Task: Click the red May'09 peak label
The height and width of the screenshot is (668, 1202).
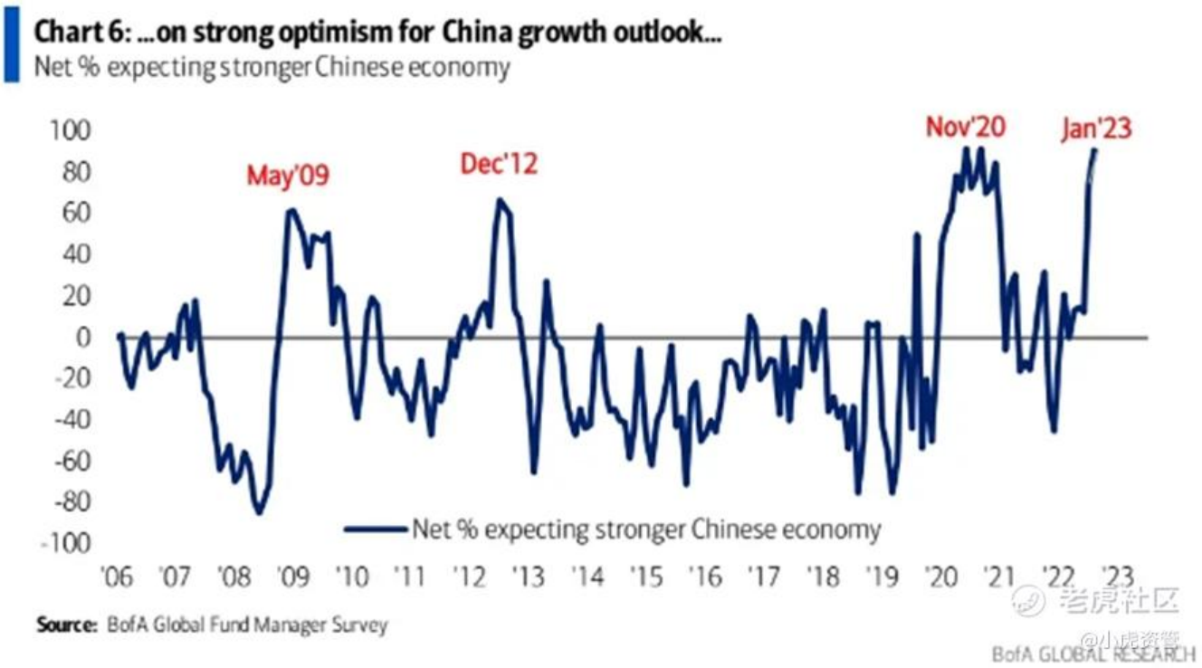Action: point(288,176)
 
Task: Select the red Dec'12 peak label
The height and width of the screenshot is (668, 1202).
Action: point(499,164)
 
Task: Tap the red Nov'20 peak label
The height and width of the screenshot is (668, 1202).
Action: point(965,127)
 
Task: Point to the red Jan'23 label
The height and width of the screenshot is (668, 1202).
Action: point(1096,129)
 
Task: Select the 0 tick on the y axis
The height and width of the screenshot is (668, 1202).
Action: point(84,337)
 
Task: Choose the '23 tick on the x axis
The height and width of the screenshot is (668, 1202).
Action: point(1114,577)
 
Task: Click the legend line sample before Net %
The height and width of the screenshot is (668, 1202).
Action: point(375,530)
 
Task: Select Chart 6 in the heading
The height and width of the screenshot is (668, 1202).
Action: point(82,33)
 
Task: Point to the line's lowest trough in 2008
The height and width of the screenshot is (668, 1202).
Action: point(259,513)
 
